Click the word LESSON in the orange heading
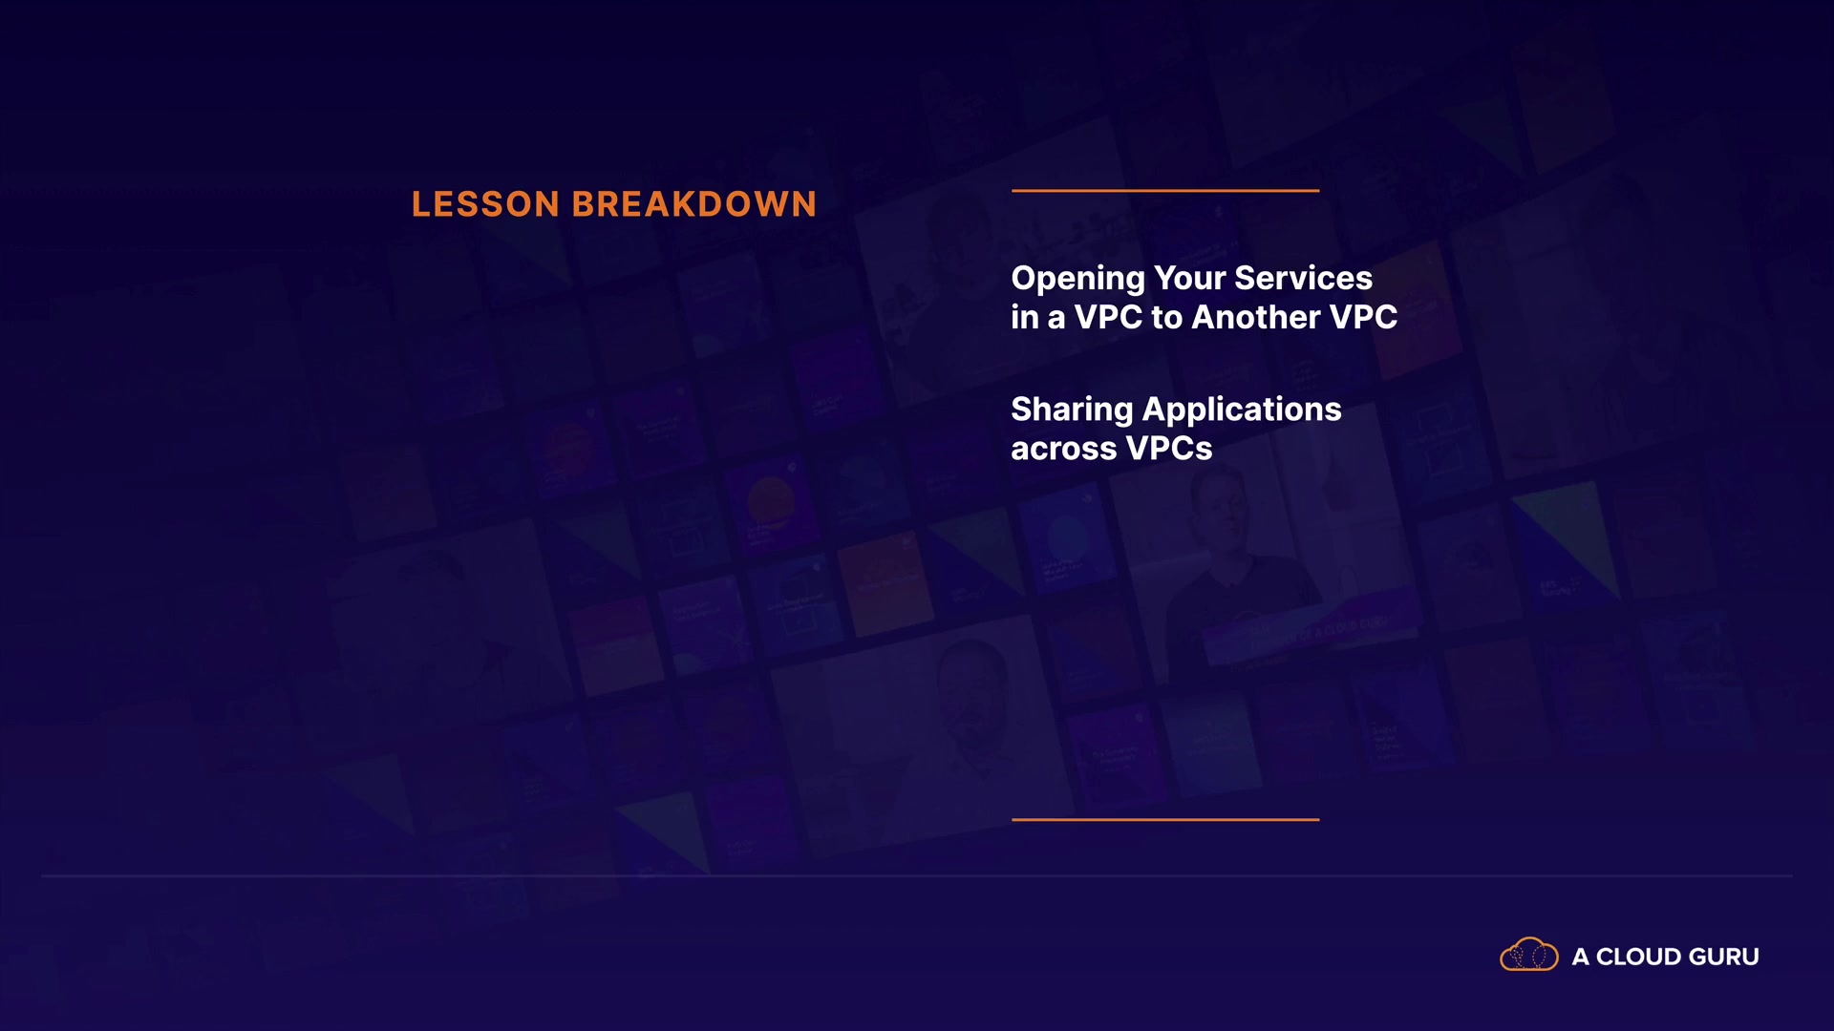coord(485,204)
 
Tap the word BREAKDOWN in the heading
coord(694,204)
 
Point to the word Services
coord(1304,278)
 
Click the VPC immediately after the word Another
coord(1364,317)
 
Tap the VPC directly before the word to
coord(1108,317)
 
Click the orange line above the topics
coord(1165,191)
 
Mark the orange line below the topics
coord(1165,819)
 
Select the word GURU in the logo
coord(1724,957)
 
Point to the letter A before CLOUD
coord(1581,957)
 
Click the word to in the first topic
coord(1167,318)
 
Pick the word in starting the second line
coord(1025,317)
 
